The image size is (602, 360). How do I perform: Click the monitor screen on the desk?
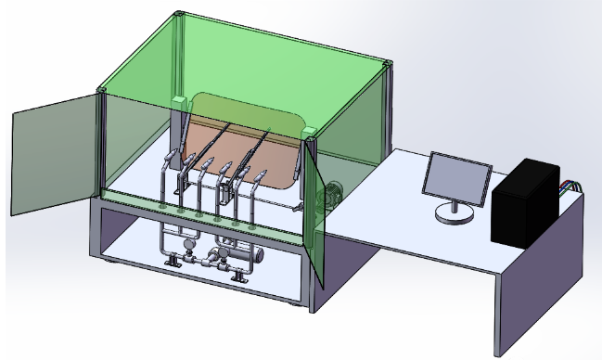457,178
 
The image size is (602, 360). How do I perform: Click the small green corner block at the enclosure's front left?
100,90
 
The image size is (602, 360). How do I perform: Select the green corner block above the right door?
310,133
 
